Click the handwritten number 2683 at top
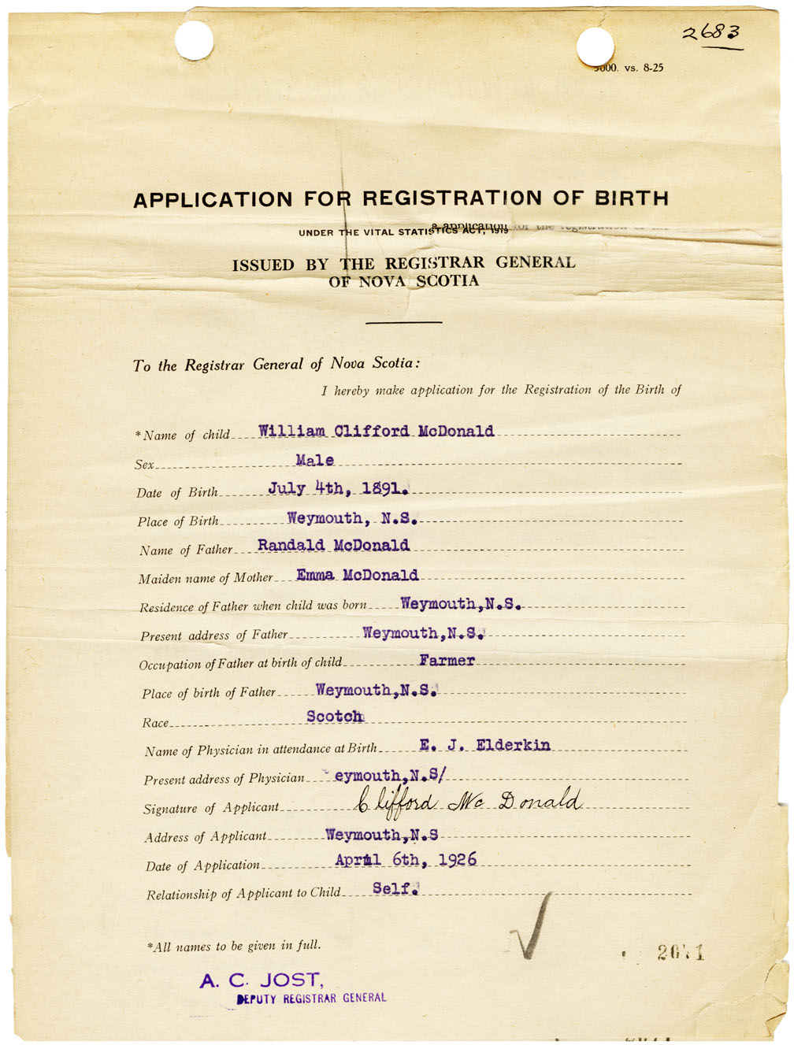pos(711,33)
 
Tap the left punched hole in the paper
pos(194,40)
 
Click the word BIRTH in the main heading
pos(631,198)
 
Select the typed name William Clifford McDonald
pos(376,432)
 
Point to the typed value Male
pos(314,460)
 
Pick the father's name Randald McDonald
pos(333,546)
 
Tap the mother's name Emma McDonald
pos(357,575)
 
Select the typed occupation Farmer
pos(447,661)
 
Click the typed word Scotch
pos(335,717)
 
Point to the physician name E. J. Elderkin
pos(484,745)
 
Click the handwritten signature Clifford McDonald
pos(469,802)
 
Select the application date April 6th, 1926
pos(406,860)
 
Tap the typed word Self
pos(393,888)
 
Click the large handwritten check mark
pos(529,929)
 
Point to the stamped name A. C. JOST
pos(261,980)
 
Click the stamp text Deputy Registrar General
pos(312,999)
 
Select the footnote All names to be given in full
pos(234,946)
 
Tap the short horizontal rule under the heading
pos(403,322)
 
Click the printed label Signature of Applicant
pos(211,808)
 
